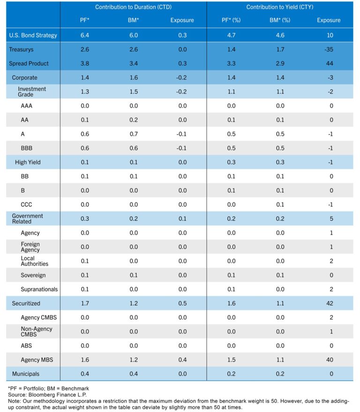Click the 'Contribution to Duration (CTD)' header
[133, 7]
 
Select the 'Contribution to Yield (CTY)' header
[280, 7]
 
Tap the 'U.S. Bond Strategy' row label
[33, 35]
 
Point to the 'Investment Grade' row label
[31, 91]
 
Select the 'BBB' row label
[27, 148]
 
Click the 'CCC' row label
[27, 204]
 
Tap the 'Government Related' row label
[27, 219]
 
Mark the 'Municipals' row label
[26, 374]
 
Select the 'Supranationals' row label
[39, 289]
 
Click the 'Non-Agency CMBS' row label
[37, 332]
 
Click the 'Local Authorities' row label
[34, 261]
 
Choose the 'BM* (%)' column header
[280, 21]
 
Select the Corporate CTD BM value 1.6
[133, 78]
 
